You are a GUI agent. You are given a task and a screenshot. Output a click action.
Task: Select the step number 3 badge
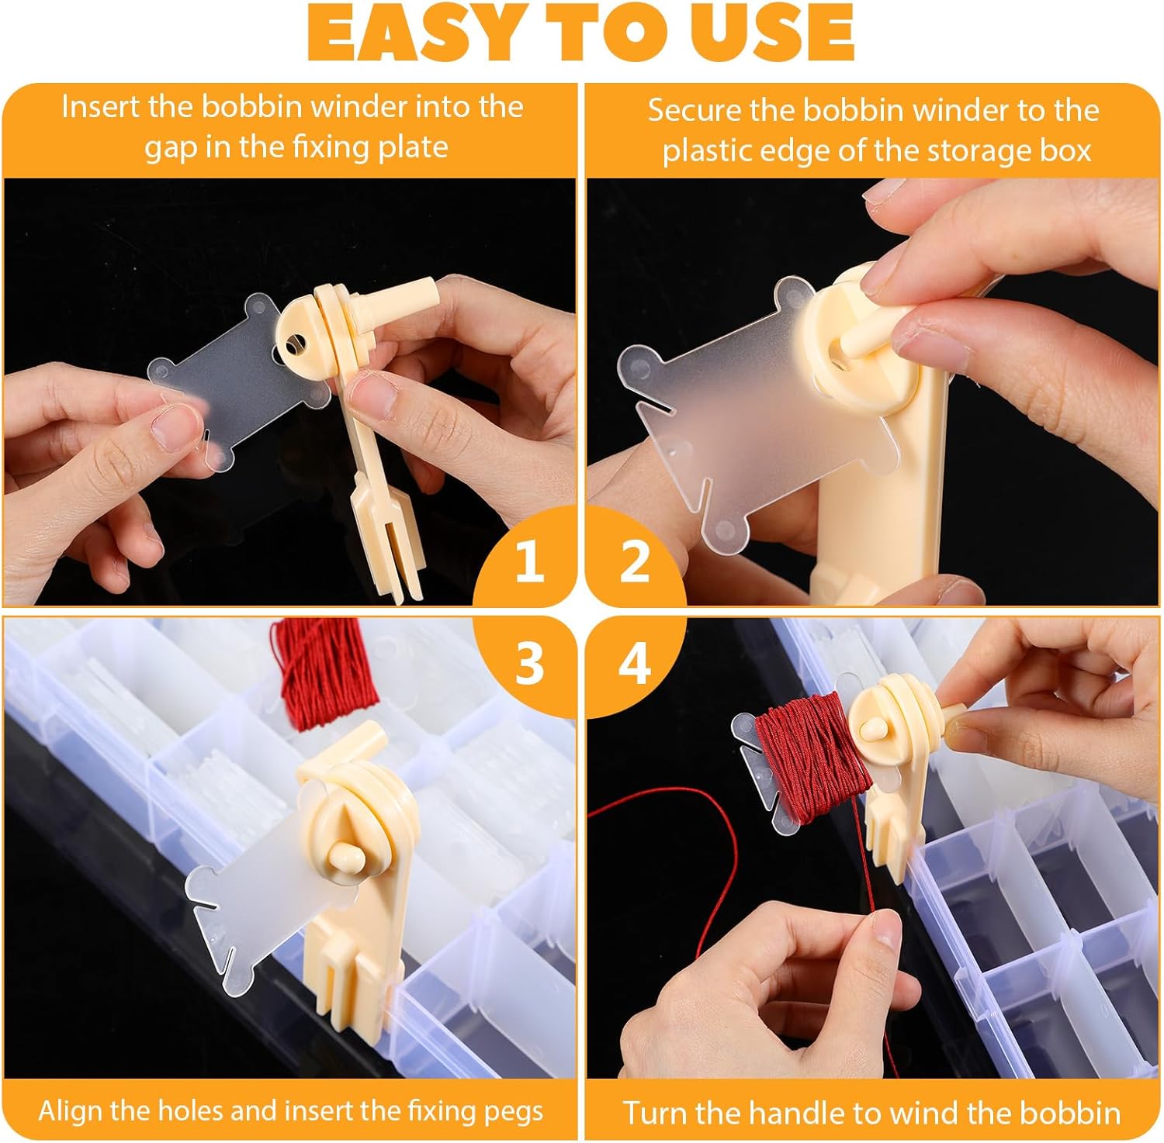pos(529,664)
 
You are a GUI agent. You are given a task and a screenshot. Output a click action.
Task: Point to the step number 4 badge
pos(635,664)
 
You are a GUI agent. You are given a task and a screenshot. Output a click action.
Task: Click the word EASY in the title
pos(411,33)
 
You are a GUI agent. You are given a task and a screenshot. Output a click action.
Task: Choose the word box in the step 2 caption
pos(1068,150)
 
